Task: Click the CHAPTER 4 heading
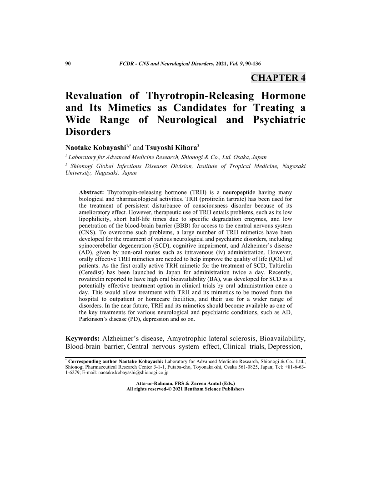click(278, 78)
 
